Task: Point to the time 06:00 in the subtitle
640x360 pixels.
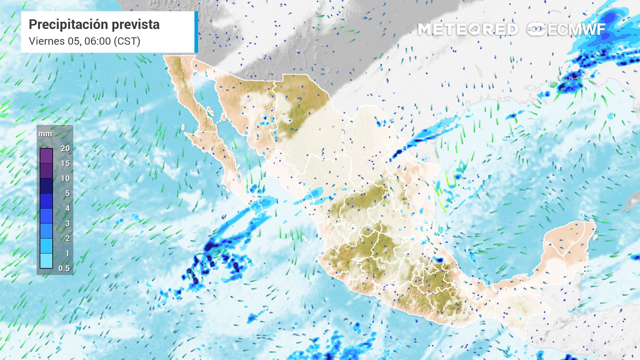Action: [x=97, y=41]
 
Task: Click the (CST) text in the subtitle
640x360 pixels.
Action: [x=127, y=41]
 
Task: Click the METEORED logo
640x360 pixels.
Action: [x=468, y=29]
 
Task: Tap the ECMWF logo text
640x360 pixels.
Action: [x=576, y=29]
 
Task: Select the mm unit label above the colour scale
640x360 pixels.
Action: [x=45, y=134]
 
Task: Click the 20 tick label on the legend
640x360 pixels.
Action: [x=65, y=148]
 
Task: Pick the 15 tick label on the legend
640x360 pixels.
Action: [x=65, y=163]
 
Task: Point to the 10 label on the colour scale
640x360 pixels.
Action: [x=65, y=178]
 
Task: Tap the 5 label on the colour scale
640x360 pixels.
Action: [x=67, y=193]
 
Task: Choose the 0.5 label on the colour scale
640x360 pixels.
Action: [x=64, y=268]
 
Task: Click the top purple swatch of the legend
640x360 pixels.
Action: [x=46, y=156]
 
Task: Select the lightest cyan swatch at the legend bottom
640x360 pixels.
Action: [x=46, y=261]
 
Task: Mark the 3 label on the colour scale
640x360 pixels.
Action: [x=67, y=223]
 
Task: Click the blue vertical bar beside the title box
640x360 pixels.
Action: [x=196, y=32]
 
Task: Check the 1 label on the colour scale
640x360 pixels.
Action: [x=67, y=253]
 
